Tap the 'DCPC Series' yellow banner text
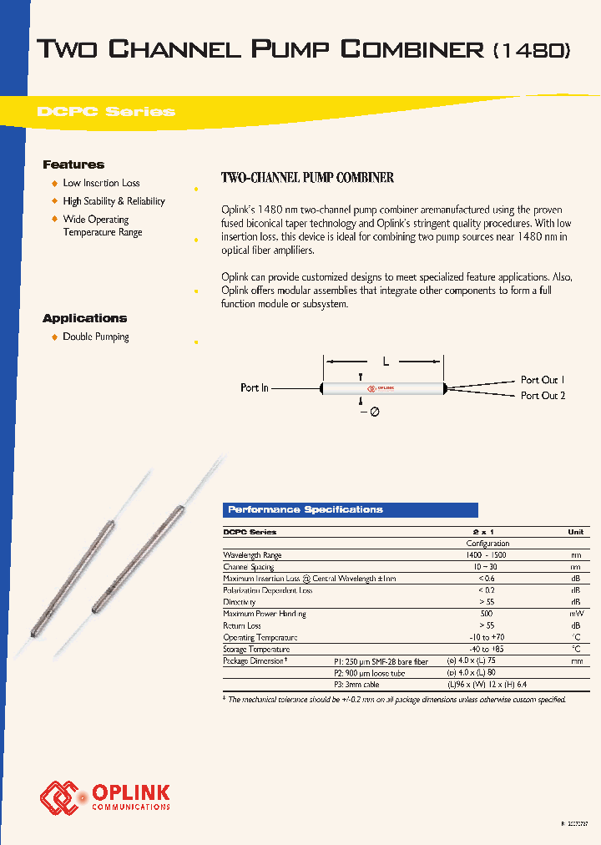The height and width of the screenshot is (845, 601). click(x=106, y=112)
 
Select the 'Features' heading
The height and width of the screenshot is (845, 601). click(x=73, y=164)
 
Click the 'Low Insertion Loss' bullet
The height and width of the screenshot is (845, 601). click(x=101, y=183)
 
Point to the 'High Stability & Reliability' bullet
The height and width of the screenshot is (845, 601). click(x=114, y=201)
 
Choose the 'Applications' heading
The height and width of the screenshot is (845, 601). click(x=84, y=318)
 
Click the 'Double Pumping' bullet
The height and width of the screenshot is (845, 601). click(x=96, y=336)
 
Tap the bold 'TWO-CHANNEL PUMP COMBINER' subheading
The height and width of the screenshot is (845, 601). click(x=306, y=178)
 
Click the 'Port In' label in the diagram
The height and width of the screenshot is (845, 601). click(x=255, y=388)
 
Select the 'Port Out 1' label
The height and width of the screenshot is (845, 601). click(x=543, y=380)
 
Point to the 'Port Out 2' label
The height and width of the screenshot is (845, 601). click(x=543, y=396)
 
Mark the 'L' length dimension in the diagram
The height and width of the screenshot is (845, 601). click(x=386, y=362)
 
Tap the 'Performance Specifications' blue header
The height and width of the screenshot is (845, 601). click(x=306, y=509)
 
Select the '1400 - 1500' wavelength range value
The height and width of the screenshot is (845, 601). click(x=487, y=555)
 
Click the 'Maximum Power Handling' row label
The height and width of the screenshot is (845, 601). click(x=265, y=614)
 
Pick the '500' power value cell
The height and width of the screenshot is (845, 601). click(x=487, y=614)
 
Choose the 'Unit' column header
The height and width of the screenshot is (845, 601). click(x=575, y=532)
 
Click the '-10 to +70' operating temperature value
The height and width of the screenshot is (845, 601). click(x=487, y=637)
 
